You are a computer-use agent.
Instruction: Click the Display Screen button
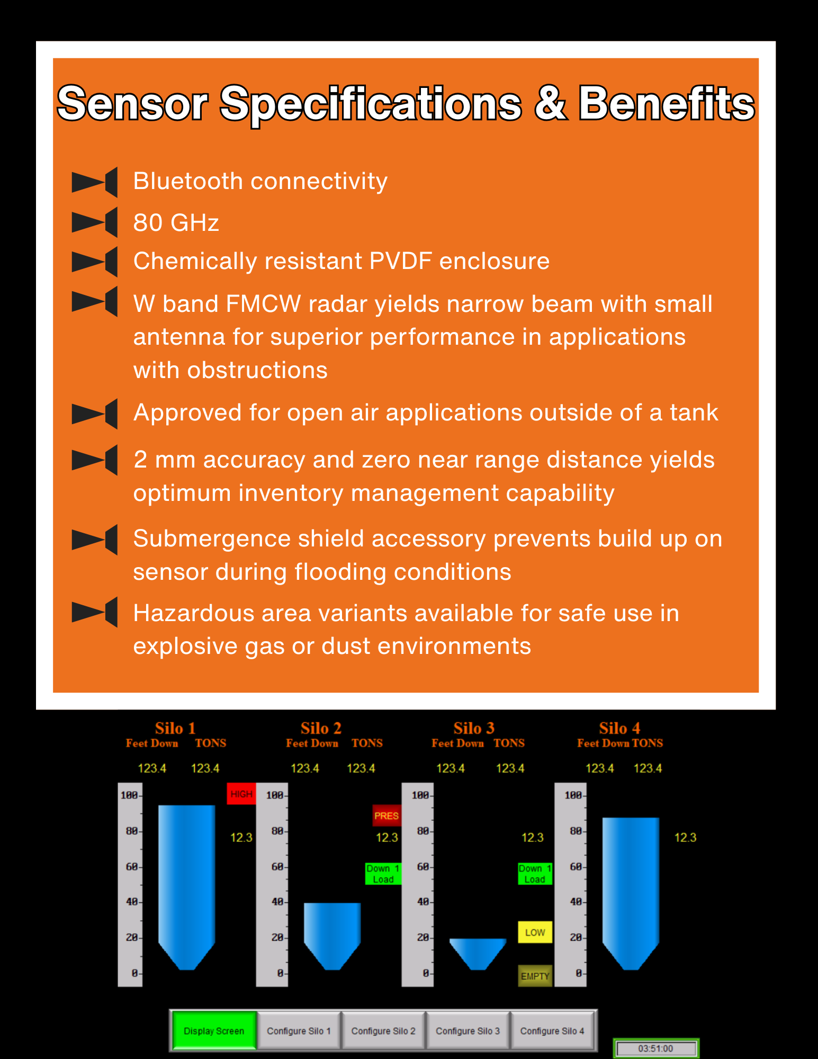point(214,1030)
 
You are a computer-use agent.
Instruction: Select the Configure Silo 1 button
point(299,1030)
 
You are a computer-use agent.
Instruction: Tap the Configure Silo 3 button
point(468,1030)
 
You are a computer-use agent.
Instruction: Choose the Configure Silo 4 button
point(552,1030)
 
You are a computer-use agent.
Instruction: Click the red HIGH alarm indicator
point(241,794)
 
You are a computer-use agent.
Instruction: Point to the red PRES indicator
point(386,815)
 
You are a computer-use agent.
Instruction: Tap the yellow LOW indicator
point(535,932)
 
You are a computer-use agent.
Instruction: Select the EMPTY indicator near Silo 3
point(535,976)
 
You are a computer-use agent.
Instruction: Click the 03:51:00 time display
point(655,1048)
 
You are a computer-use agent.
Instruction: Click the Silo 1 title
point(175,728)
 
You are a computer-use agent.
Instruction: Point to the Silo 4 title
point(619,728)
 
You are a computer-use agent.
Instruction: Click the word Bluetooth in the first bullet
point(187,181)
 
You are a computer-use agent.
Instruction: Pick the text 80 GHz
point(176,222)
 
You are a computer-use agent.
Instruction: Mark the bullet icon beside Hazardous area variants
point(94,612)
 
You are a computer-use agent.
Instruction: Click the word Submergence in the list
point(212,539)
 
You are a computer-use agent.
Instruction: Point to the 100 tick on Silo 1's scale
point(130,795)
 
